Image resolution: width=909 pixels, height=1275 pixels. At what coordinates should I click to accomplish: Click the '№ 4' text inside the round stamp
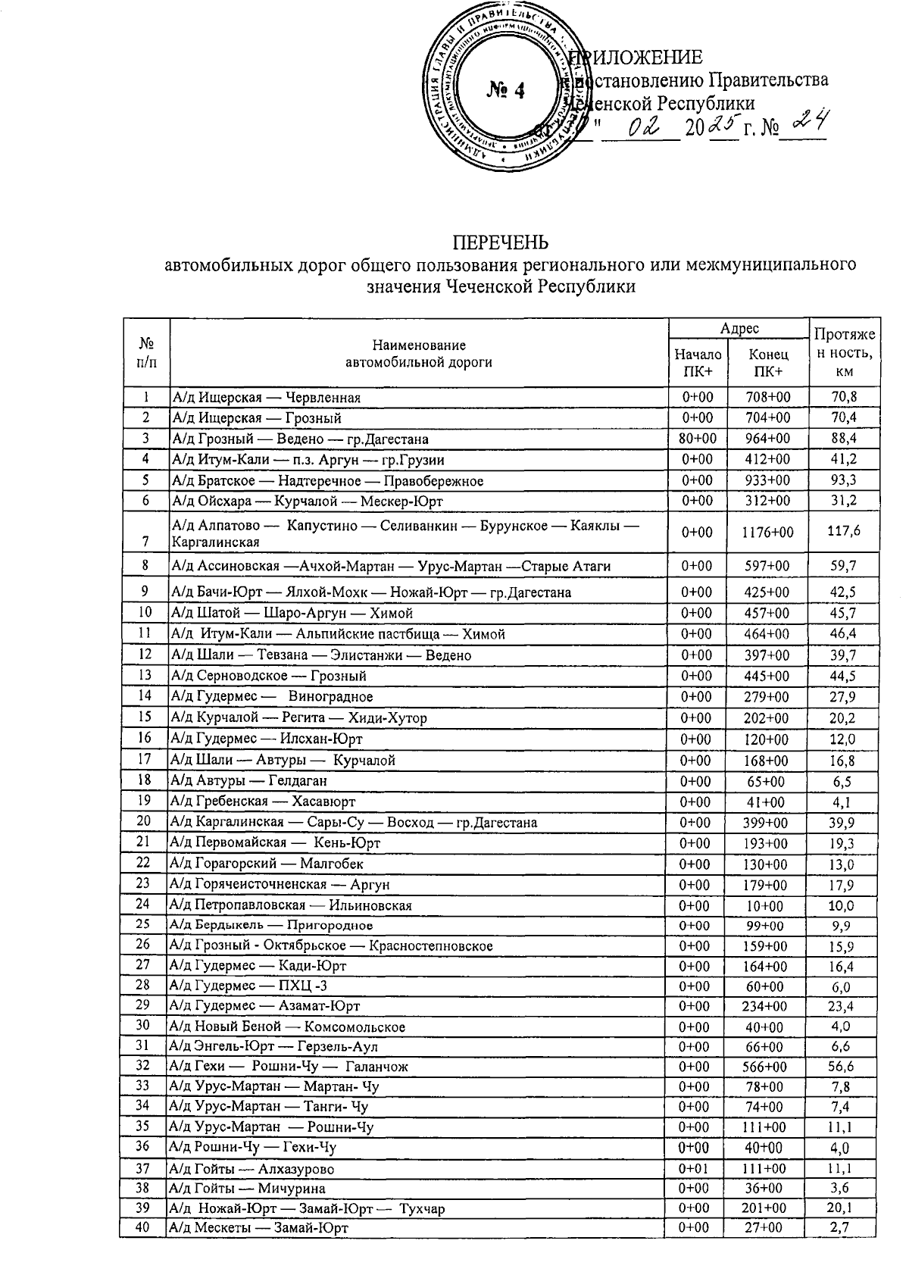505,90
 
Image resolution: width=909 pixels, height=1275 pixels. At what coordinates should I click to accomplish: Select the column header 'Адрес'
739,328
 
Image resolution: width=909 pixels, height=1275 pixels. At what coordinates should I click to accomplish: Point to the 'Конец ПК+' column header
768,362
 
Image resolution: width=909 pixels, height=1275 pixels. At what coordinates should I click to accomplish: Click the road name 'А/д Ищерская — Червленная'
266,398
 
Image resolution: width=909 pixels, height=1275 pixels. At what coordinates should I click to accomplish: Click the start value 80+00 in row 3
697,439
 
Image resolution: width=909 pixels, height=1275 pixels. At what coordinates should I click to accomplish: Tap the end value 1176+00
768,533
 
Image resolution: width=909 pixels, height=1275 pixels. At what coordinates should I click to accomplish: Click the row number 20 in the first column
144,821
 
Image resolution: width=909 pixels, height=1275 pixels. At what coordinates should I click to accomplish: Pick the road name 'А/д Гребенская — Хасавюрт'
263,802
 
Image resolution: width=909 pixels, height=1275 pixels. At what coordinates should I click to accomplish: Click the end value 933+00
768,480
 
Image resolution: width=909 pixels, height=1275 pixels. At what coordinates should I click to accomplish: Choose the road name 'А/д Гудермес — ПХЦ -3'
250,986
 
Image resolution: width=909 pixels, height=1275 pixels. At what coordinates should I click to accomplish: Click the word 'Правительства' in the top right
768,80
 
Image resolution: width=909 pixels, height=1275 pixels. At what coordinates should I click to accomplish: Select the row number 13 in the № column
144,675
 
